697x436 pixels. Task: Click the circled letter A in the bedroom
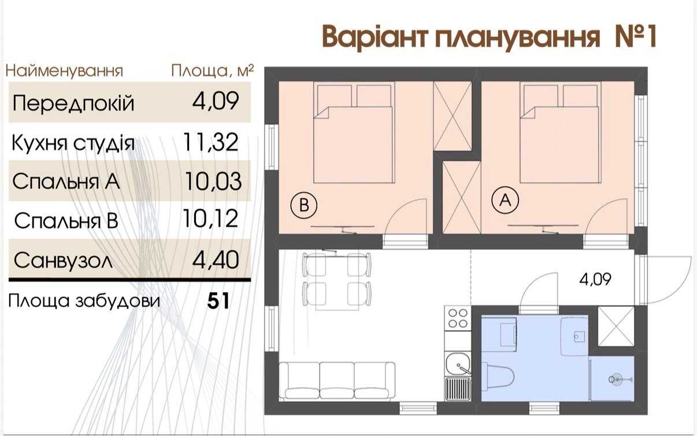(x=505, y=200)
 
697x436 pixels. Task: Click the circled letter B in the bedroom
(x=303, y=205)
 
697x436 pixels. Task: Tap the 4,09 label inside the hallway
(x=595, y=279)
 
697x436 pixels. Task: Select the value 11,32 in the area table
(x=211, y=142)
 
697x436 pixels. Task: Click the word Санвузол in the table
(x=63, y=260)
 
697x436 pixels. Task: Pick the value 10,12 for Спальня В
(x=210, y=219)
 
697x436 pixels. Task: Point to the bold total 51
(x=218, y=301)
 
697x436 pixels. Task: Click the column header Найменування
(x=64, y=71)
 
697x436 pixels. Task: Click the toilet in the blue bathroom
(x=498, y=377)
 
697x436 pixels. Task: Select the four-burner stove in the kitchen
(x=458, y=317)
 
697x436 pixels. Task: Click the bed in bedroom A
(x=559, y=132)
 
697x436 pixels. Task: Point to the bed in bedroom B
(x=354, y=132)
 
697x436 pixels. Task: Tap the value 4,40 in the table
(x=216, y=260)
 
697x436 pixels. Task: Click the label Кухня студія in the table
(x=73, y=143)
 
